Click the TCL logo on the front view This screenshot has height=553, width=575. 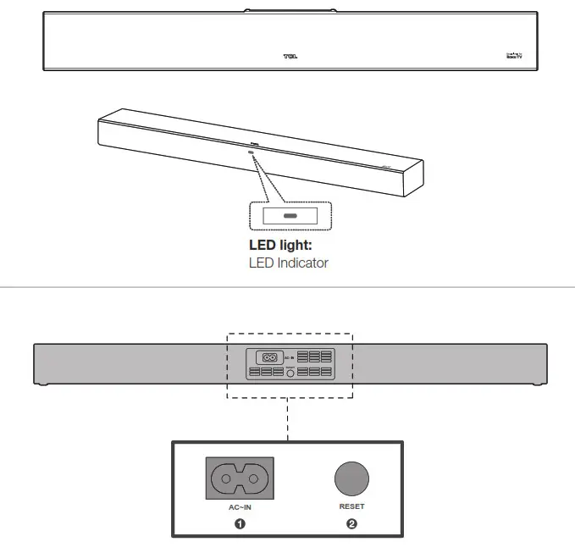(x=290, y=58)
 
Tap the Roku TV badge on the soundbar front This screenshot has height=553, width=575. (x=513, y=57)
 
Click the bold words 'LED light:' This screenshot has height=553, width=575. (x=280, y=245)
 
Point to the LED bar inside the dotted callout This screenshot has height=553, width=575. (x=290, y=217)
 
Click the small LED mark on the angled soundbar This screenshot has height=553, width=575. (x=252, y=153)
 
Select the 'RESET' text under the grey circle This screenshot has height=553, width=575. (x=351, y=506)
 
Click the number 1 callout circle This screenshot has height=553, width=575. (x=240, y=523)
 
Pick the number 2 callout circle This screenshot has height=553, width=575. (x=351, y=523)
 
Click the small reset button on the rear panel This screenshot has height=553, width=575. (x=290, y=372)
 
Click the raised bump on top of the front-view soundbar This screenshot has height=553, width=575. (x=290, y=10)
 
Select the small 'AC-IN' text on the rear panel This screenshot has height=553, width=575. (x=289, y=358)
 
